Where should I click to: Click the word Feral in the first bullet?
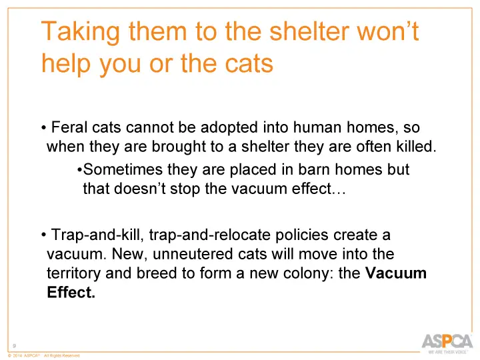[x=68, y=127]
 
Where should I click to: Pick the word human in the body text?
[x=319, y=127]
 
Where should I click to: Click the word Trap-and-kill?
[x=98, y=236]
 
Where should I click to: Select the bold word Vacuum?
[x=397, y=274]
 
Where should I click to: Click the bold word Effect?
[x=71, y=293]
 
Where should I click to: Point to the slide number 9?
[x=15, y=344]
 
